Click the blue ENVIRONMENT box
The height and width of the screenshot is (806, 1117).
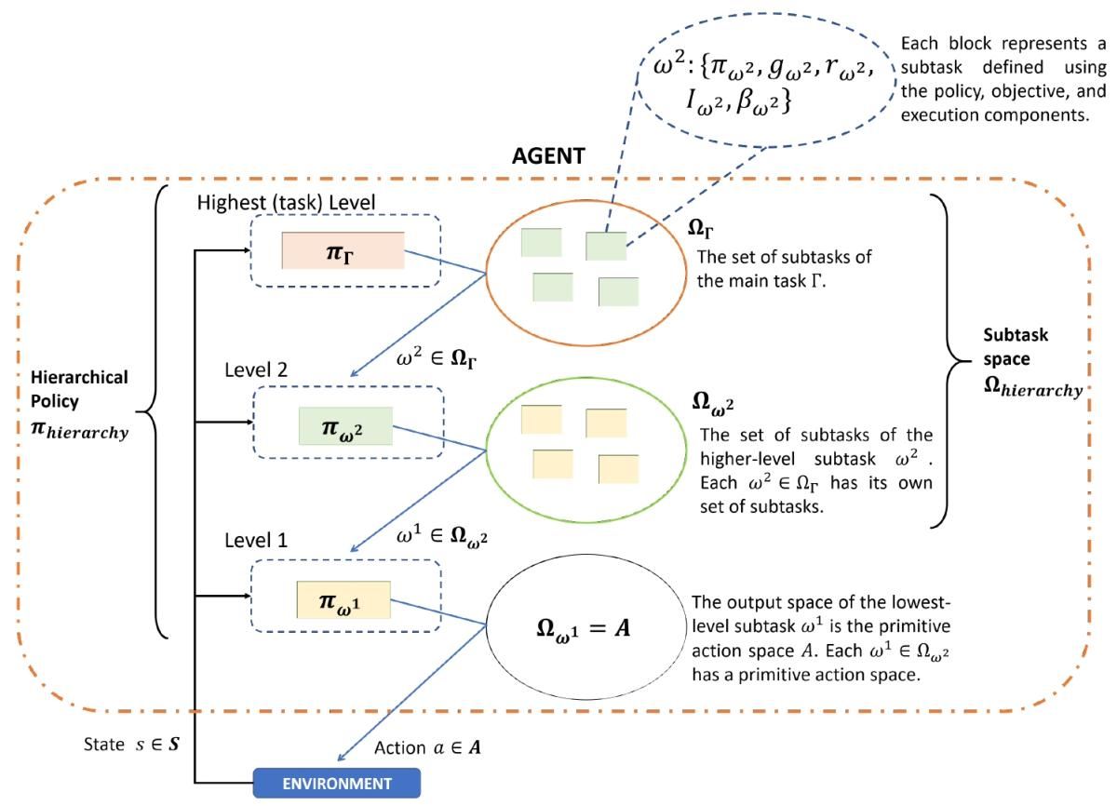tap(337, 783)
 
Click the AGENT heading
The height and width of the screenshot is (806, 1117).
tap(548, 156)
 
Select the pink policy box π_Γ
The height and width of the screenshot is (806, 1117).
tap(343, 250)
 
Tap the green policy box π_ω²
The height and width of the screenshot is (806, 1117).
tap(345, 426)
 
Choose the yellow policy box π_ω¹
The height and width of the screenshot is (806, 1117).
tap(343, 599)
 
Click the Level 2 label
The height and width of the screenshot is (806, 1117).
tap(256, 369)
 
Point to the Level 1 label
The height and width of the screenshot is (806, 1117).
tap(256, 541)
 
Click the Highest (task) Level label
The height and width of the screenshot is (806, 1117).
tap(286, 202)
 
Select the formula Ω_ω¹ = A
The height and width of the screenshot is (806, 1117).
tap(584, 628)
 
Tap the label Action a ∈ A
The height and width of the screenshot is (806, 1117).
tap(427, 747)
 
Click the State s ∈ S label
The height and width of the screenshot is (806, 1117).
tap(131, 745)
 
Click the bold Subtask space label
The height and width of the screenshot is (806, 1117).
tap(1032, 362)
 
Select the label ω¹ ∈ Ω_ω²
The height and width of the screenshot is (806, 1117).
tap(441, 536)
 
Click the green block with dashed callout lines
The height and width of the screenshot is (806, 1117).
tap(606, 246)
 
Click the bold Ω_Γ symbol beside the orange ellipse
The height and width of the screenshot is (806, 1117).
tap(701, 229)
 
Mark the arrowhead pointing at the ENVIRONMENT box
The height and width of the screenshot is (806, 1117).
tap(341, 758)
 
